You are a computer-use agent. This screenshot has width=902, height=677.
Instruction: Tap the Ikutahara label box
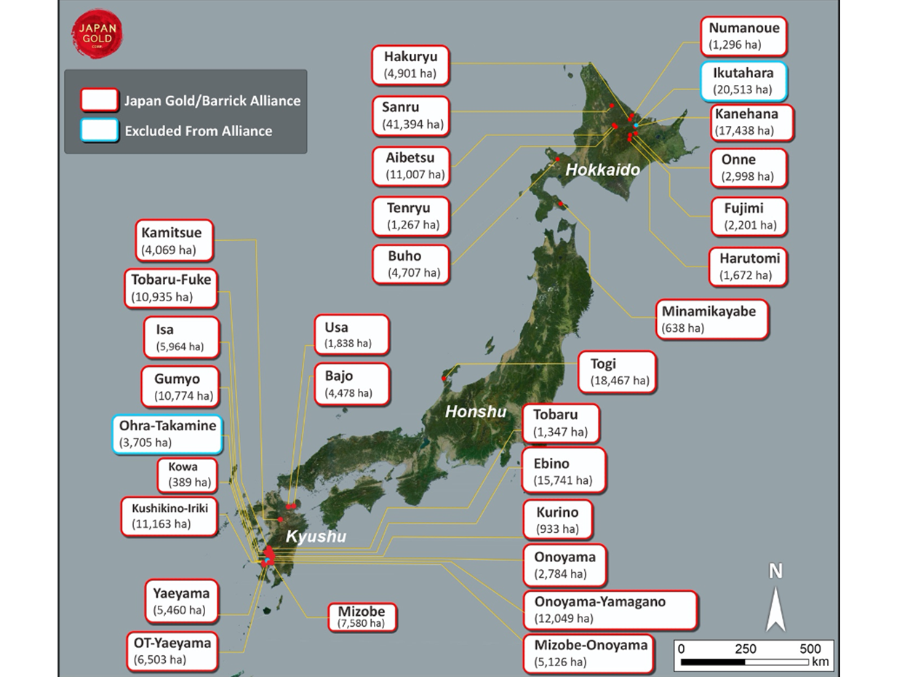[x=743, y=82]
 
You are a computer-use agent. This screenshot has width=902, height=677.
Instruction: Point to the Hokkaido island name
[x=603, y=170]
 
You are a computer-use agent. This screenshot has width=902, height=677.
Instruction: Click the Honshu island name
[x=476, y=412]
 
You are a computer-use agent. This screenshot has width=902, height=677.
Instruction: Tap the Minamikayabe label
[x=711, y=319]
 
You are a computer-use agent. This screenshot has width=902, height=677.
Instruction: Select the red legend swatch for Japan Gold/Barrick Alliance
[x=100, y=100]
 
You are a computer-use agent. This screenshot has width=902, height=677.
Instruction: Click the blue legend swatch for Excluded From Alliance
[x=100, y=131]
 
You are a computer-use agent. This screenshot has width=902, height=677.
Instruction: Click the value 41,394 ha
[x=412, y=124]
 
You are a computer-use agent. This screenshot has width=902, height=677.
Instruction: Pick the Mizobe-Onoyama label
[x=586, y=653]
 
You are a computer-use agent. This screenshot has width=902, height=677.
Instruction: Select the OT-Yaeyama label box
[x=172, y=651]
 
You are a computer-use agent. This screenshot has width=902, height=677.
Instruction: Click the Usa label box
[x=351, y=335]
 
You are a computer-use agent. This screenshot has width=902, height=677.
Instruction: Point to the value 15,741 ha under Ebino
[x=564, y=480]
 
